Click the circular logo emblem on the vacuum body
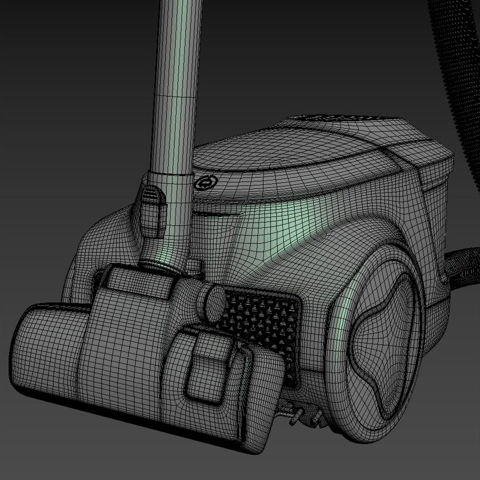point(204,184)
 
